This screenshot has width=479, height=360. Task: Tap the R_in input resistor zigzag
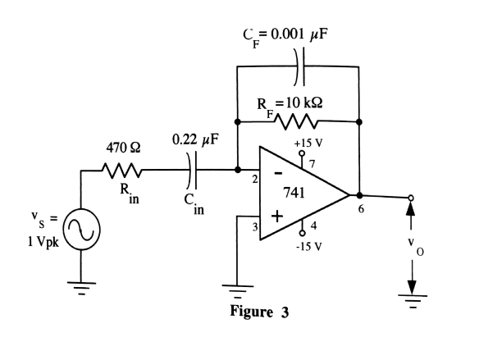(x=121, y=171)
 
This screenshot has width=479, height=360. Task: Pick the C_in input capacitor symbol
(x=194, y=171)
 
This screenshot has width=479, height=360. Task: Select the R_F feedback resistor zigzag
(x=298, y=122)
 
